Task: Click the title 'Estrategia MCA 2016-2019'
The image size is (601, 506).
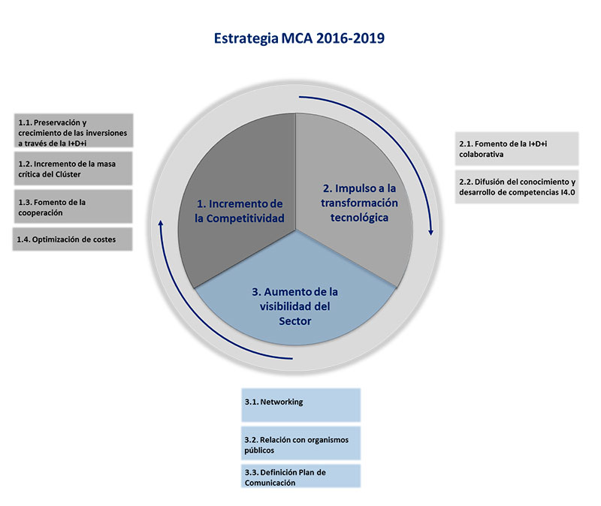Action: click(299, 38)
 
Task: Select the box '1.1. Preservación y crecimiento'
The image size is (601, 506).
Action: click(74, 130)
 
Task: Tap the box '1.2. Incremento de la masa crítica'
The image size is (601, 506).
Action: click(73, 168)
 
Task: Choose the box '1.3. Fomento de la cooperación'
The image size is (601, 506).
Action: click(73, 206)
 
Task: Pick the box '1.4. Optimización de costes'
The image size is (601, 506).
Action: click(72, 239)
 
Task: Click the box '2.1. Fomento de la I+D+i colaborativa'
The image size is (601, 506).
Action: click(517, 149)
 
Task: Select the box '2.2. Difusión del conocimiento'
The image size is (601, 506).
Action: click(517, 187)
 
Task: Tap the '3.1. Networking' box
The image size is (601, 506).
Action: click(301, 405)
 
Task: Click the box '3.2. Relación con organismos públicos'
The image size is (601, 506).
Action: click(301, 443)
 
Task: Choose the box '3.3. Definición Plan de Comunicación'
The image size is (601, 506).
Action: click(301, 476)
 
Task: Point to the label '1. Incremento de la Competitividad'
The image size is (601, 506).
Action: click(240, 211)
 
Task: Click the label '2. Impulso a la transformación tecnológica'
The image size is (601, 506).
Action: click(360, 203)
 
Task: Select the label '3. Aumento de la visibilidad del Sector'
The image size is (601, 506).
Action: click(294, 306)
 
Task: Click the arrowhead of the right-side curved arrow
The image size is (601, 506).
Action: click(430, 232)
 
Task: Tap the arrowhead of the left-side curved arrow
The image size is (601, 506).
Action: click(161, 222)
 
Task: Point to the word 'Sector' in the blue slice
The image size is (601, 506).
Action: click(294, 321)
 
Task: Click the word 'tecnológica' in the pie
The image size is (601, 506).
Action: click(360, 218)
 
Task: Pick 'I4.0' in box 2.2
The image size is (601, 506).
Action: click(568, 192)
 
